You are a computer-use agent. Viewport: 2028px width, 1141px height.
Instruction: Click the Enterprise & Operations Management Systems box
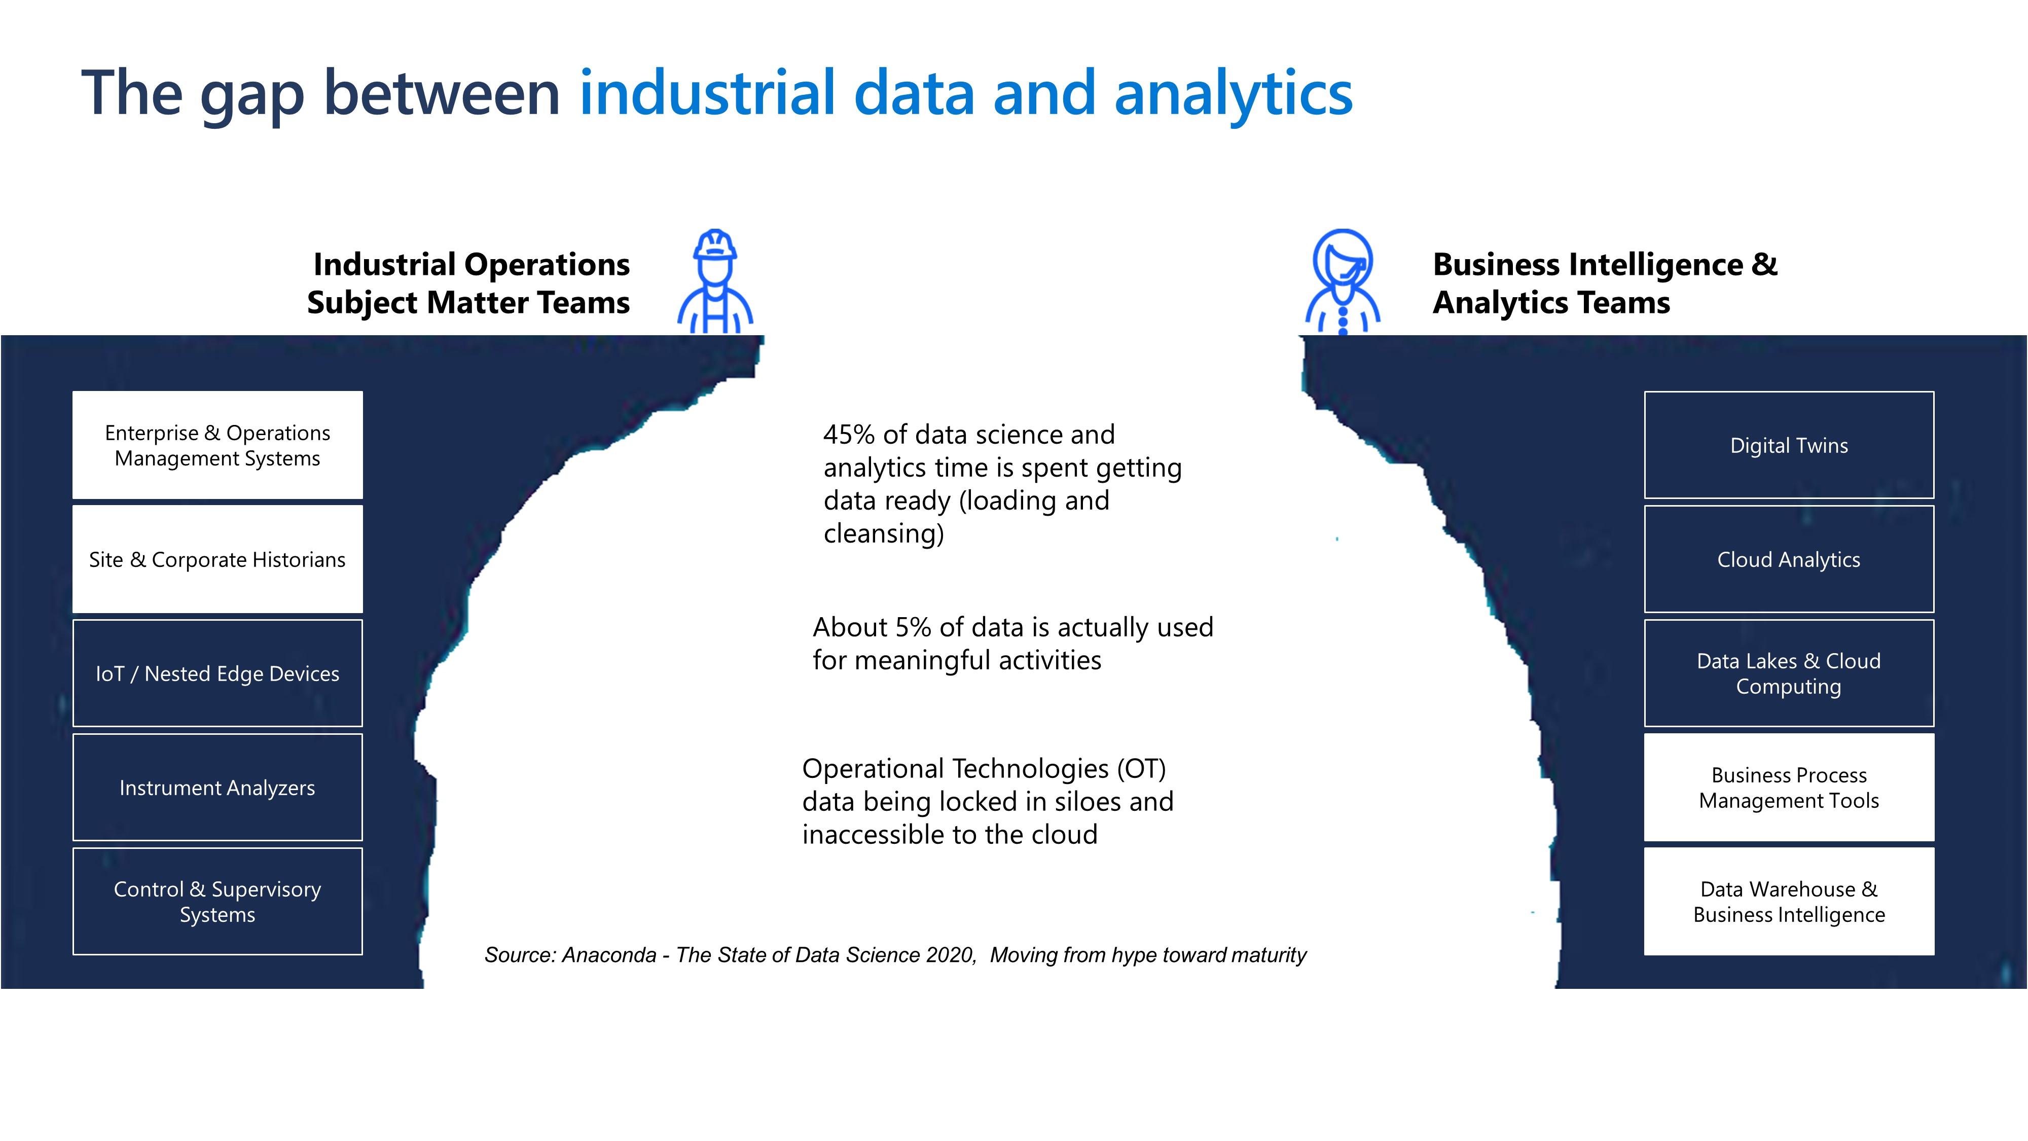[218, 445]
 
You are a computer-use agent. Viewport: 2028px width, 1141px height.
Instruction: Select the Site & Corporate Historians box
[218, 559]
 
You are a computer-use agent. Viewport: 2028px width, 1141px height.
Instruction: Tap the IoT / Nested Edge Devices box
[218, 673]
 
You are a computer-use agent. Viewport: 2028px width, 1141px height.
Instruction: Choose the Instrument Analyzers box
[218, 788]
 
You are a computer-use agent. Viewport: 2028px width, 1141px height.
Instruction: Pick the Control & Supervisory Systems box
[218, 902]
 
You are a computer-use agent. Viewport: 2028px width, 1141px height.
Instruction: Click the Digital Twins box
[1789, 445]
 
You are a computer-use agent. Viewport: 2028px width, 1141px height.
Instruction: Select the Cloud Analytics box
[1789, 559]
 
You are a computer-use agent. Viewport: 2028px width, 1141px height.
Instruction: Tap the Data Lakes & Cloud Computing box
[1789, 673]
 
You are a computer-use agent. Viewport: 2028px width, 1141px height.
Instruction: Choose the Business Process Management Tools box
[1789, 788]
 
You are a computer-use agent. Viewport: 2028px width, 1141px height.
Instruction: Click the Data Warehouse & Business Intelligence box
[1789, 902]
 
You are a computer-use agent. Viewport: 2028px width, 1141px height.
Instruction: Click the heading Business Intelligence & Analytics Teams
[1605, 283]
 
